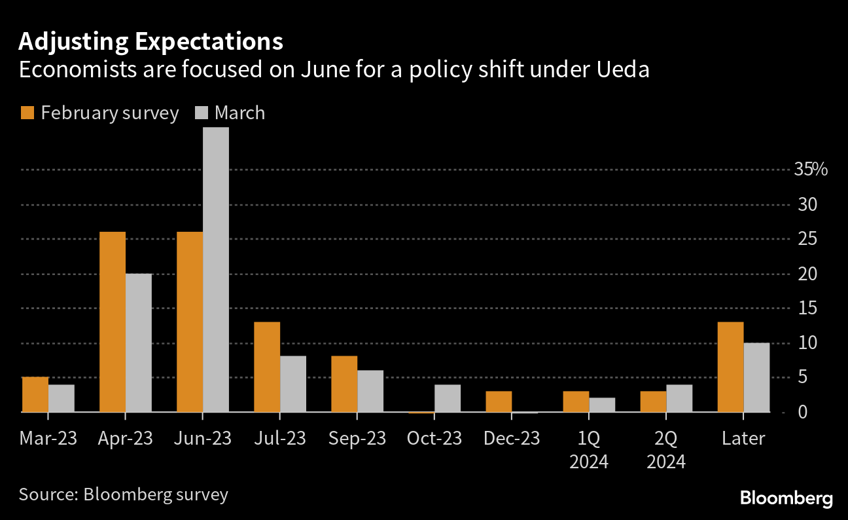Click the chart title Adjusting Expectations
coord(150,41)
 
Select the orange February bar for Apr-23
coord(113,322)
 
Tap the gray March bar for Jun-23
coord(216,269)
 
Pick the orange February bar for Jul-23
coord(267,367)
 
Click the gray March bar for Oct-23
coord(448,398)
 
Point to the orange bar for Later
coord(730,367)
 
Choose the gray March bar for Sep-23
coord(370,391)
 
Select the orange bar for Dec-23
coord(499,401)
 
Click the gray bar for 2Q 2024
coord(679,398)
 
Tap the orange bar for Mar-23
coord(35,394)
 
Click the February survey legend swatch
coord(27,113)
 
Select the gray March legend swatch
coord(202,113)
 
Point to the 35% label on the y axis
coord(811,170)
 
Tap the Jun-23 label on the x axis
coord(203,438)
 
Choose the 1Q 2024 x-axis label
coord(589,450)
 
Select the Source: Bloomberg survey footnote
coord(124,494)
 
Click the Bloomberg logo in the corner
coord(786,498)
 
